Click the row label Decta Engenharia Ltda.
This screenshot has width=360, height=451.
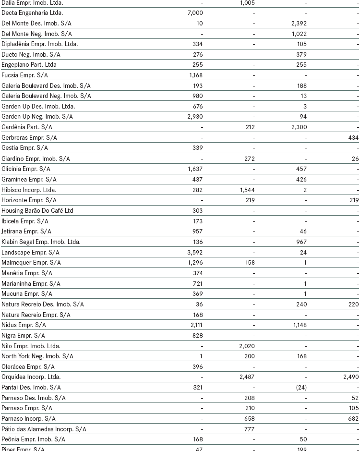(32, 13)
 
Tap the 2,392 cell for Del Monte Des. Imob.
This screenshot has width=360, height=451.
(299, 23)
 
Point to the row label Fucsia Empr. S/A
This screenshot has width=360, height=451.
(24, 75)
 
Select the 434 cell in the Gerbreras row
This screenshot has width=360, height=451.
(353, 138)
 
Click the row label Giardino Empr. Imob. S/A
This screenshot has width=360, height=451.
(36, 158)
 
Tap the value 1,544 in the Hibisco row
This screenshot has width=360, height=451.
(247, 190)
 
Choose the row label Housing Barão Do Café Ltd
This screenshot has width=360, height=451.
(37, 211)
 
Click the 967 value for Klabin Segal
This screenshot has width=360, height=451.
(301, 242)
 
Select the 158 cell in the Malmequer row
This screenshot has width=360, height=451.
(250, 263)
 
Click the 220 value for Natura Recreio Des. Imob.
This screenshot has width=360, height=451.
(353, 305)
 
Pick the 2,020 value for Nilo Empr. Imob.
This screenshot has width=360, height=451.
(247, 346)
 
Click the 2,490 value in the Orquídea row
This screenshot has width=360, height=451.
(350, 377)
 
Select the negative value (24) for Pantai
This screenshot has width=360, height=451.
(300, 388)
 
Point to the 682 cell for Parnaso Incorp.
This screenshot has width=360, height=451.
(353, 419)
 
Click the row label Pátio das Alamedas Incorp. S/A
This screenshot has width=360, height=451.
(44, 429)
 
